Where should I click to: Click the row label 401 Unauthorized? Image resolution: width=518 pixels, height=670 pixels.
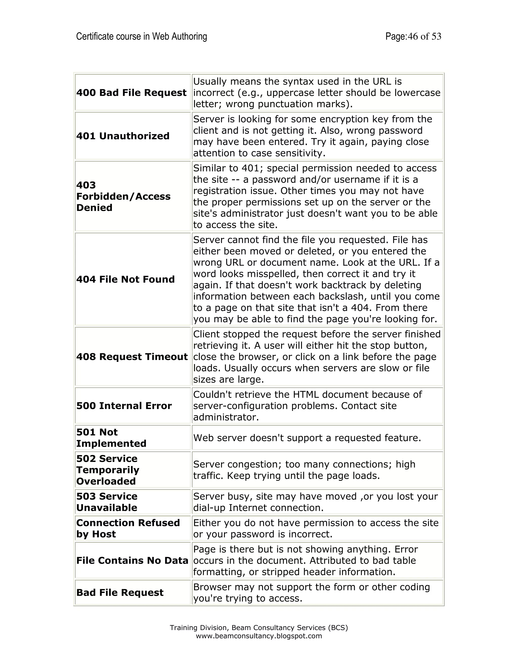click(x=123, y=136)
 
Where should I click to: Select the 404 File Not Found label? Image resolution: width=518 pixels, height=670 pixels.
click(x=125, y=279)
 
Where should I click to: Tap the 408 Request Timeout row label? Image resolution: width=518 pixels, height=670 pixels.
click(x=132, y=356)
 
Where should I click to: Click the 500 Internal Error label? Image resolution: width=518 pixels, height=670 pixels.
click(x=124, y=406)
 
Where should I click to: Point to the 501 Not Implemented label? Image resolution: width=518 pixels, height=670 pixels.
click(x=111, y=438)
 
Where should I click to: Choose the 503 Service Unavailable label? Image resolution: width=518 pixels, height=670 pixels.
click(x=106, y=502)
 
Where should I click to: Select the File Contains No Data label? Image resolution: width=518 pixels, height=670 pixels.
click(x=132, y=560)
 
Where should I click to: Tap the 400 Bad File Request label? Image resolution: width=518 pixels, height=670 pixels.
click(x=131, y=92)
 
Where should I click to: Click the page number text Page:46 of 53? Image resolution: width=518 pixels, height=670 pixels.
click(x=413, y=36)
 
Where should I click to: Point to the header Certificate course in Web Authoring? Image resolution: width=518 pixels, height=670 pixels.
click(x=141, y=36)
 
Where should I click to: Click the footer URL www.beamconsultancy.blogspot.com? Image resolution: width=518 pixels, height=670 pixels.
click(x=259, y=636)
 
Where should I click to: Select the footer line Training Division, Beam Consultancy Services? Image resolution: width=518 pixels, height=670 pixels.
click(x=259, y=628)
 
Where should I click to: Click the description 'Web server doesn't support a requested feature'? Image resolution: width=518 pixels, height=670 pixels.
click(x=307, y=438)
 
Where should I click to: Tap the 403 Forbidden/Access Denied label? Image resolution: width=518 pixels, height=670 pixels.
click(x=123, y=196)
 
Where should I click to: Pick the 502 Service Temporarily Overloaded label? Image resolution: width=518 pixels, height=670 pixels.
click(x=107, y=470)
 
